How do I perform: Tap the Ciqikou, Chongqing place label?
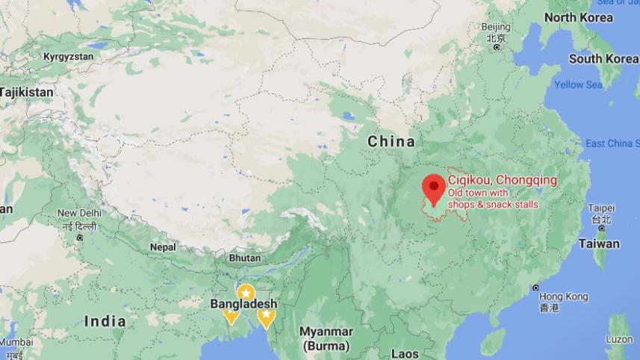502,180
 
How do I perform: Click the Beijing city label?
496,28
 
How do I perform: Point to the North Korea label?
578,18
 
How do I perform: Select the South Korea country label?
603,58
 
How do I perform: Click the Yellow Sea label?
578,84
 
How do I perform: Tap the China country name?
391,141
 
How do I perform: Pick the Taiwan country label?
598,243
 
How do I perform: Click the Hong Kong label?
564,297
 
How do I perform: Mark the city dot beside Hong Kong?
535,288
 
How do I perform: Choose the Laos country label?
404,353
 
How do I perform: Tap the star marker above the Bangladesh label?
244,292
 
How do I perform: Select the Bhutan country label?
244,258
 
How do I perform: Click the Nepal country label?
163,246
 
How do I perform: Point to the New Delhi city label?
78,214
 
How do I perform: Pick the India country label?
105,321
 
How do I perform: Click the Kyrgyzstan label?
68,56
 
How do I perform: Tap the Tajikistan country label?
27,92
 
